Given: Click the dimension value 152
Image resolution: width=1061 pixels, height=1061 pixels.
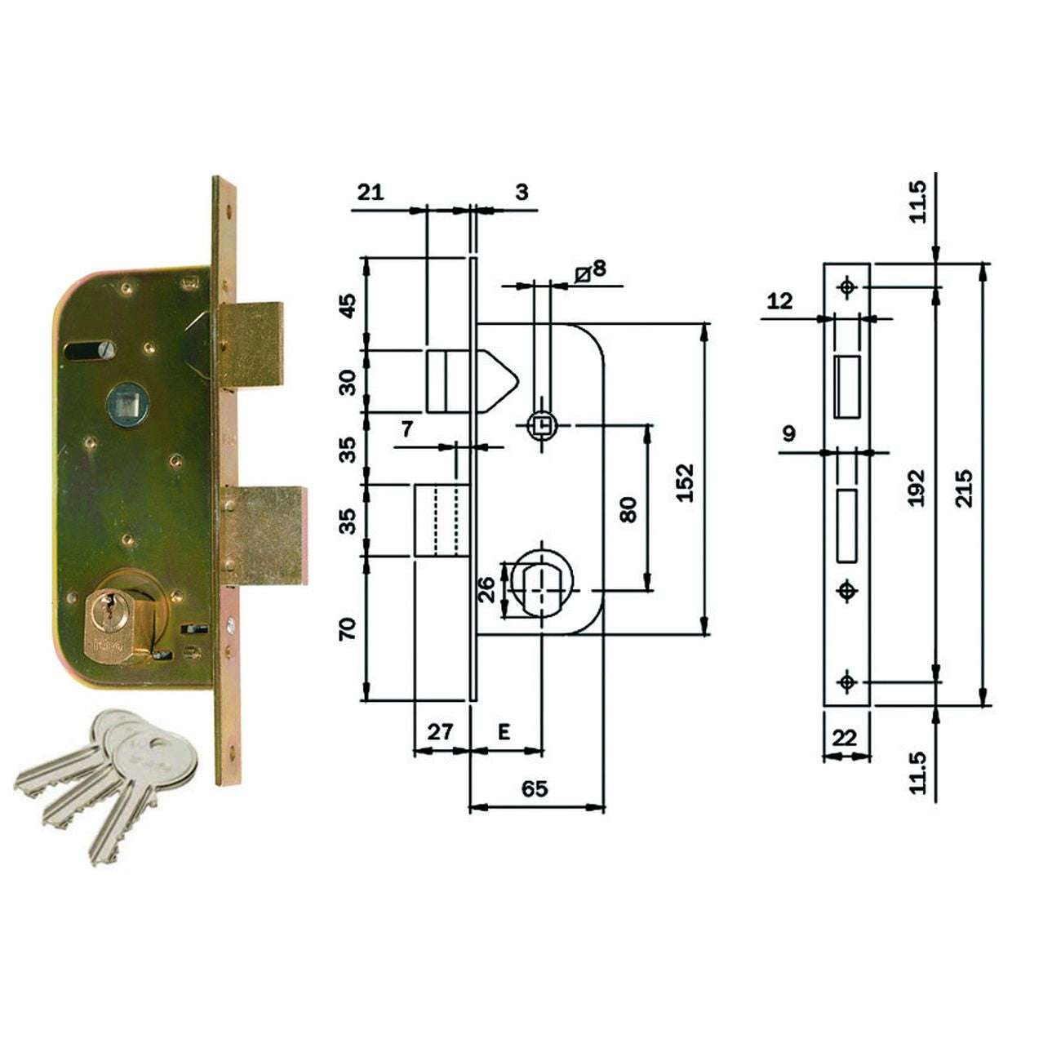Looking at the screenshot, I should [685, 482].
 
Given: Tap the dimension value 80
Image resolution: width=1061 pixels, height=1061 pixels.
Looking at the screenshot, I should [628, 510].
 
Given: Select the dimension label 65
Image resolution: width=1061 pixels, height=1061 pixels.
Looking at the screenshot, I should [535, 789].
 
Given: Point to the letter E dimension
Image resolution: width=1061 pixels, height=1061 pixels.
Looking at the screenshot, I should [504, 732].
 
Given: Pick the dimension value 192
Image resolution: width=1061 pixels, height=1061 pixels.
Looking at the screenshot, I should [917, 487].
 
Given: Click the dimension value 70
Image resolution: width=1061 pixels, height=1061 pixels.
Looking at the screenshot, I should [348, 628].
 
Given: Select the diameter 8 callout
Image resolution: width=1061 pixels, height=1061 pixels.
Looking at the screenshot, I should [592, 270].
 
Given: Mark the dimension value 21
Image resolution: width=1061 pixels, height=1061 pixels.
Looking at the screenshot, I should [370, 193].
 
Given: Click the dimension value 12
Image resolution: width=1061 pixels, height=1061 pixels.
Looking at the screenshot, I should [779, 301].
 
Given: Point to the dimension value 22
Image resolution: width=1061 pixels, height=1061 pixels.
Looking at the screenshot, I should [845, 738].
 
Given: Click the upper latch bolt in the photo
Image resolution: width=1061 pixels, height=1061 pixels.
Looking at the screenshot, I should [251, 344].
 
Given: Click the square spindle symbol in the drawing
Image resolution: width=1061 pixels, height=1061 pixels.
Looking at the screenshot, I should [541, 425].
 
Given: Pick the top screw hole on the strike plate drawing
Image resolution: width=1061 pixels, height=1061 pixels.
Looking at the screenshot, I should [847, 287].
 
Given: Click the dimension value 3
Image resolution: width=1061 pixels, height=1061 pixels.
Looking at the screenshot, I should [522, 193].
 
